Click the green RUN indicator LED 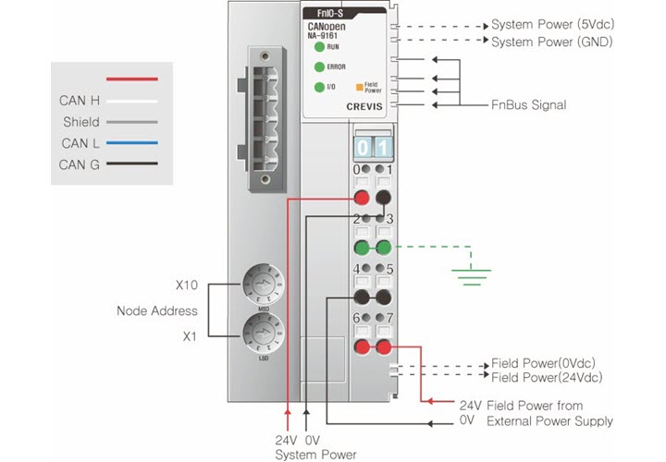[x=318, y=46]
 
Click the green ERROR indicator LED [x=318, y=67]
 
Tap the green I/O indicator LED [x=318, y=87]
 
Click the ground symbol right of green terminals [x=471, y=269]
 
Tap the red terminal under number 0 [x=361, y=197]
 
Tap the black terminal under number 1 [x=382, y=197]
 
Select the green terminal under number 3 [x=382, y=247]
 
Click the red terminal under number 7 [x=382, y=346]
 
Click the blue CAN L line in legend [x=132, y=143]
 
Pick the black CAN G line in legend [x=132, y=165]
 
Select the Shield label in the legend [x=81, y=122]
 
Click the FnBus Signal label [x=527, y=105]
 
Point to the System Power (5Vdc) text [x=551, y=25]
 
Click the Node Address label [x=157, y=310]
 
